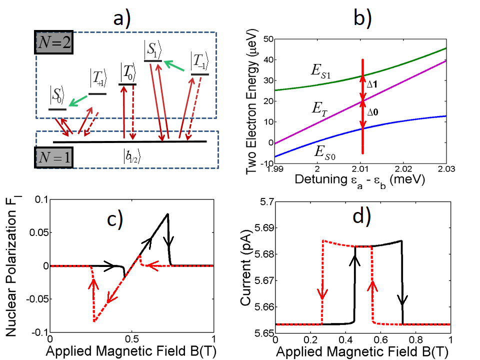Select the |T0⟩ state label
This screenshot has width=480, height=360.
(x=127, y=73)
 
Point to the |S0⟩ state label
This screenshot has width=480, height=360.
(x=57, y=95)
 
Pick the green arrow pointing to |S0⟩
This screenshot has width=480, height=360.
(x=78, y=101)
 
